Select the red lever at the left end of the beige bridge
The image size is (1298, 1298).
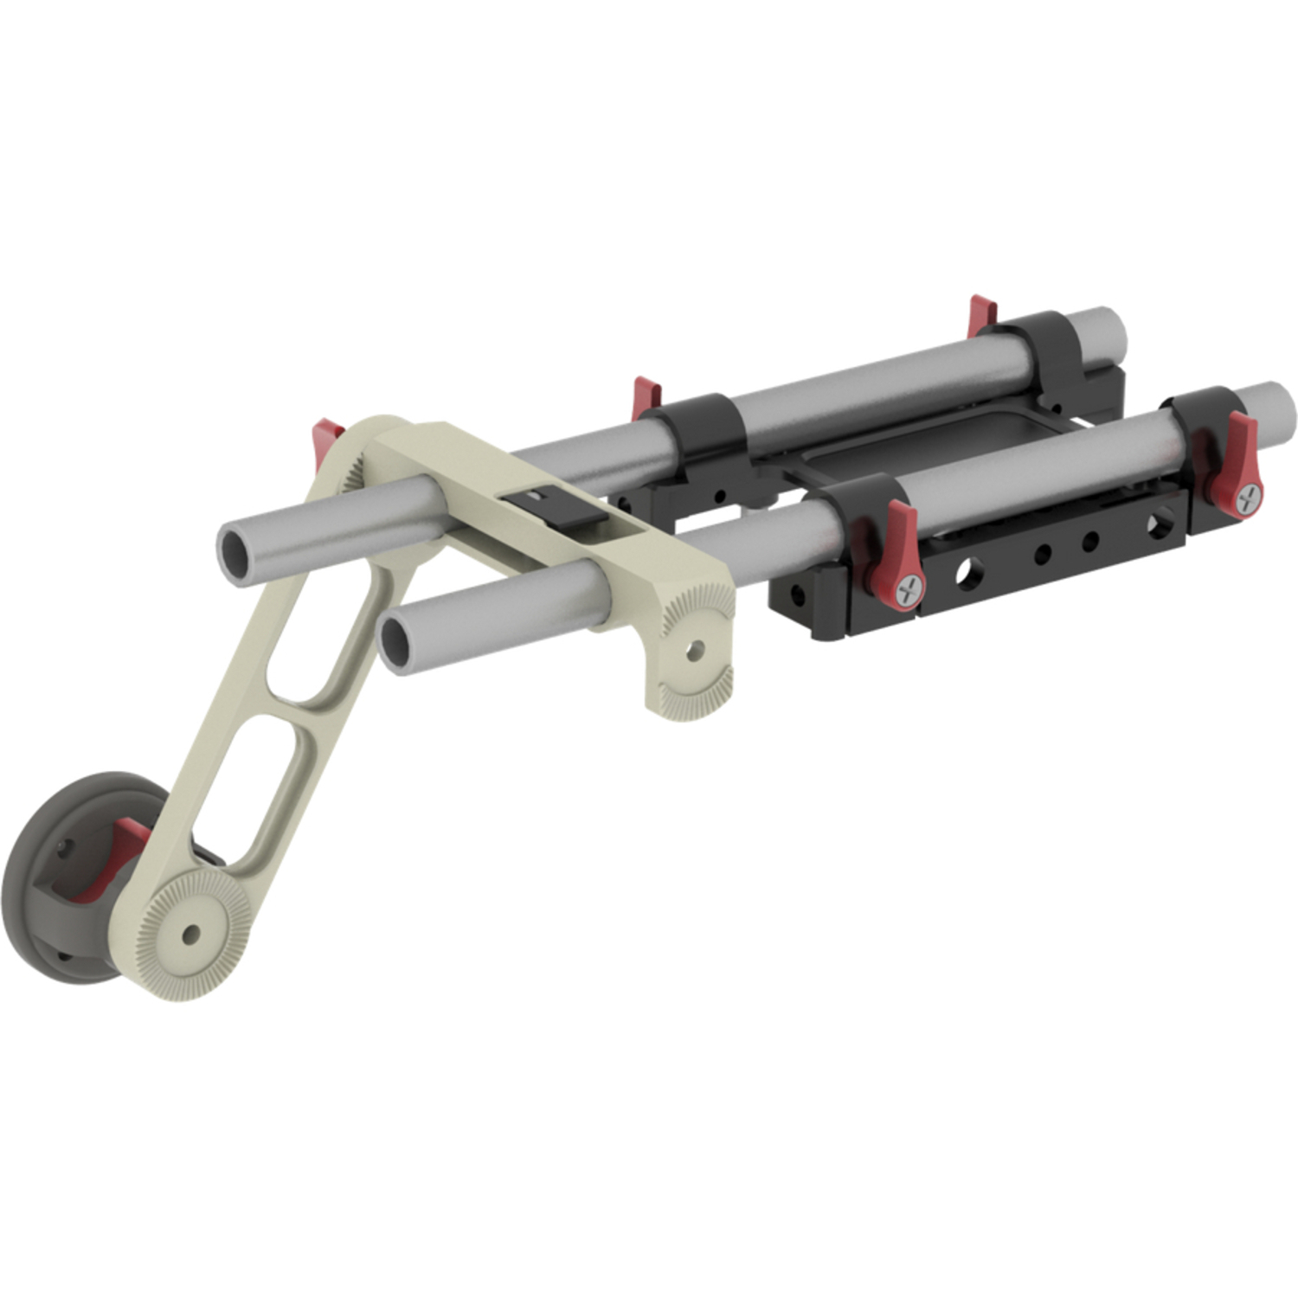[x=327, y=433]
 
